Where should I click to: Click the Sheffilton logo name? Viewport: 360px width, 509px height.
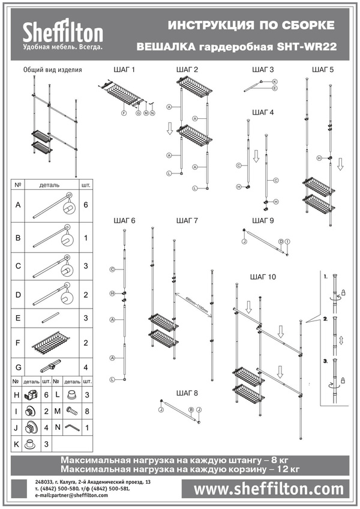63,32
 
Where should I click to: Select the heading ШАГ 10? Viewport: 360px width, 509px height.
263,277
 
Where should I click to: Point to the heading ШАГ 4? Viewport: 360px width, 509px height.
263,112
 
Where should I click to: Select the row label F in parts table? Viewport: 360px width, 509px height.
18,343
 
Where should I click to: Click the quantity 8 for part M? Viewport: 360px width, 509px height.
87,411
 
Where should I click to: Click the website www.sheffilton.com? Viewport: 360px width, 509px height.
268,489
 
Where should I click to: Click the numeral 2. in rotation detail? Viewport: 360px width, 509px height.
325,319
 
